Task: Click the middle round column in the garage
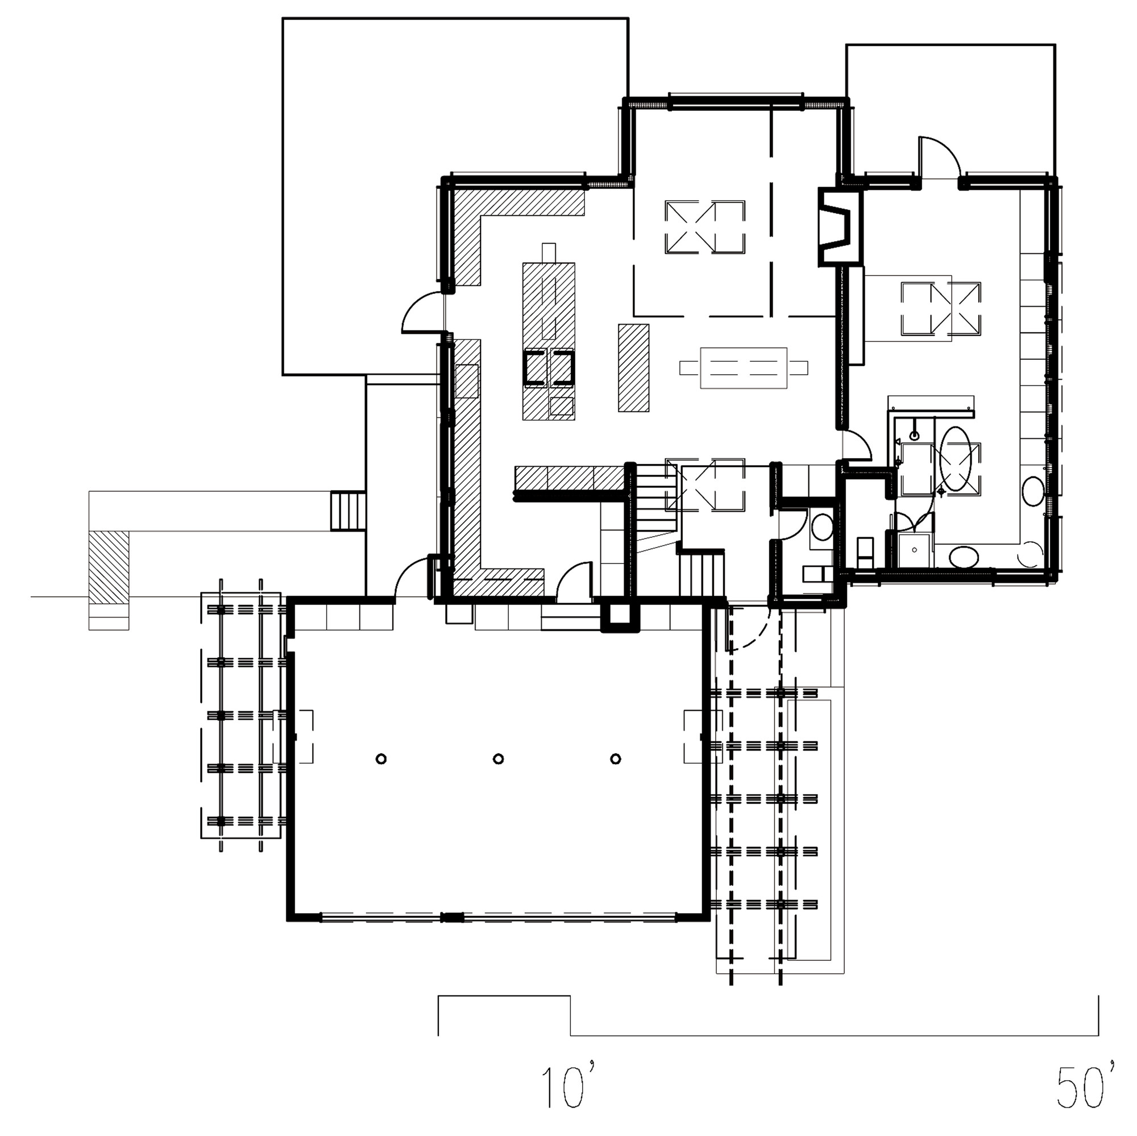[498, 758]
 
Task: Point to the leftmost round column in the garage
[381, 758]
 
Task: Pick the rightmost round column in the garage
[616, 758]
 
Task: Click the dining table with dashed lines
[744, 368]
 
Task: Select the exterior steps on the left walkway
[348, 511]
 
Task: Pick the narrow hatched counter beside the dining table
[633, 367]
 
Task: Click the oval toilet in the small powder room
[821, 525]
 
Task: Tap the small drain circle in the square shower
[915, 550]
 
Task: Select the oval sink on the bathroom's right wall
[1033, 490]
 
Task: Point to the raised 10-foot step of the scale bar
[504, 996]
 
